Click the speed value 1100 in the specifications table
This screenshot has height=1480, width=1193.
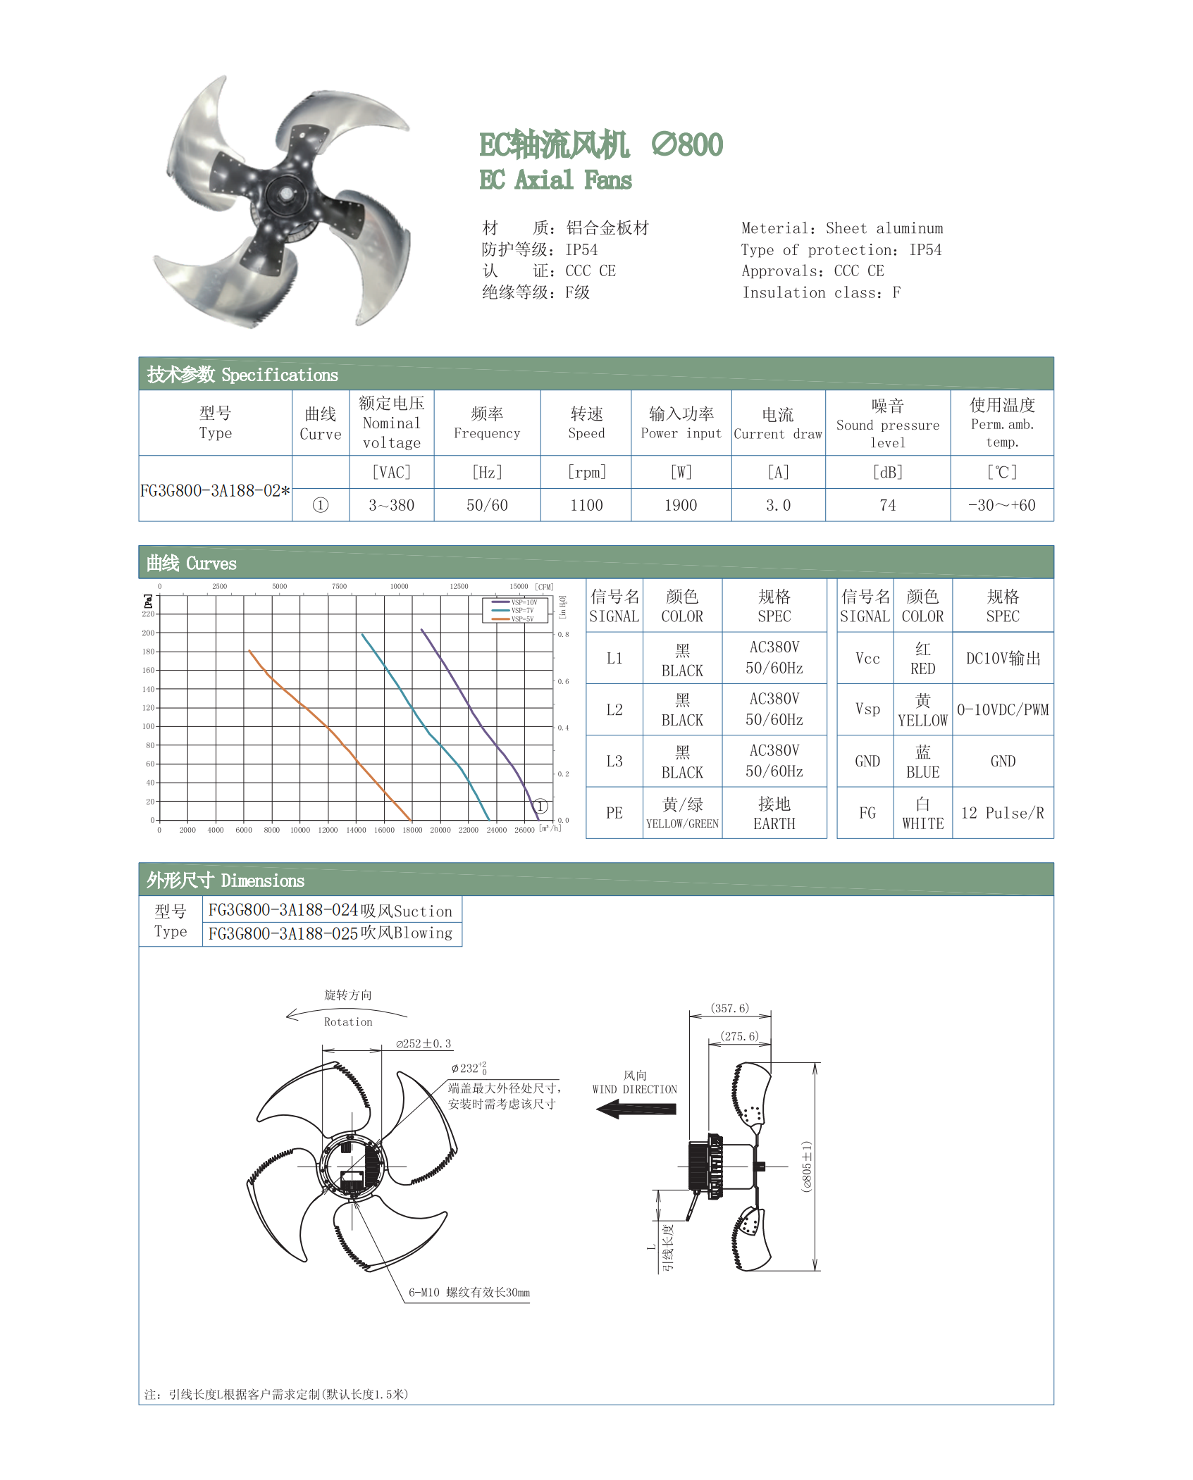point(586,505)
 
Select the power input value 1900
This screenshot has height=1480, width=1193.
point(681,505)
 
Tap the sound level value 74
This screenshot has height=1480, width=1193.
point(887,505)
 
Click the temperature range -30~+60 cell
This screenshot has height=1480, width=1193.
point(1001,505)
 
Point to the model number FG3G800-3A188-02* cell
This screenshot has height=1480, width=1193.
point(215,490)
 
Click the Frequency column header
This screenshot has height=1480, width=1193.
point(487,423)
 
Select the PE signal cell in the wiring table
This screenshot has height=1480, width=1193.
point(614,813)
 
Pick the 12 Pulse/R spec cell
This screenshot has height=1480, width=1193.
point(1002,813)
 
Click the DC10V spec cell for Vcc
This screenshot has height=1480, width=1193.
point(1002,659)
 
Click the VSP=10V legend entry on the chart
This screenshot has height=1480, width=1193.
point(515,602)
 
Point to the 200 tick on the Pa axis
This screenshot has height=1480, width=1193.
point(148,633)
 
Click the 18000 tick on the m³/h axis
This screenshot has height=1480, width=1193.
point(412,830)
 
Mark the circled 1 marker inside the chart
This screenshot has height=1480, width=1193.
point(540,806)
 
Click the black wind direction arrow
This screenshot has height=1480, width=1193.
point(636,1109)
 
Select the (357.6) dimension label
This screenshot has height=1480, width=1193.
point(730,1009)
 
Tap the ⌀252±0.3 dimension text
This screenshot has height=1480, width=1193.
point(424,1044)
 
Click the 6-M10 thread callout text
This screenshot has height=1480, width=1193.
point(469,1293)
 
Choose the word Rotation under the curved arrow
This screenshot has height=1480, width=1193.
point(348,1022)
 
